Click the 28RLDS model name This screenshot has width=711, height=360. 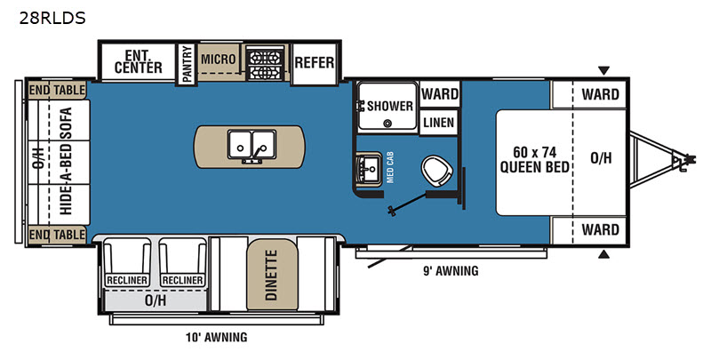tap(52, 18)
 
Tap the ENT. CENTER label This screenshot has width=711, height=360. tap(139, 62)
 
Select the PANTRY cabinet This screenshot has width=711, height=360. tap(186, 64)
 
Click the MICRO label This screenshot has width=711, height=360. tap(218, 59)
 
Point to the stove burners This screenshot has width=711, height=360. tap(265, 63)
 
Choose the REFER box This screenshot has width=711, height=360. tap(315, 62)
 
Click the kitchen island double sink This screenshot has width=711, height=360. tap(252, 145)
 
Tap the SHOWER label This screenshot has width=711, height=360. tap(390, 106)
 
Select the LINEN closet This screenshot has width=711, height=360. tap(438, 123)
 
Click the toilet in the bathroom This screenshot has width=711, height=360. tap(436, 171)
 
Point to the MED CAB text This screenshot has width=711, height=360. tap(390, 167)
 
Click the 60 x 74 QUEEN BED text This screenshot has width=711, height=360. tap(535, 160)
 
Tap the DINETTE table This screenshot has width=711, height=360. tap(272, 275)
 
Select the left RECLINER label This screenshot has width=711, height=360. tap(127, 280)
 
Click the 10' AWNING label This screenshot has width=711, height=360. tap(216, 337)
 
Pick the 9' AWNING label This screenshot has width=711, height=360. tap(451, 271)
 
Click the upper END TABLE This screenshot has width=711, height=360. tap(57, 91)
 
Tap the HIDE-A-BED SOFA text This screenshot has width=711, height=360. tap(66, 161)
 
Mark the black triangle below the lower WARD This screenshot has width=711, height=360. tap(603, 254)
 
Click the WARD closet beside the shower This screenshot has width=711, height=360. tap(439, 94)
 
